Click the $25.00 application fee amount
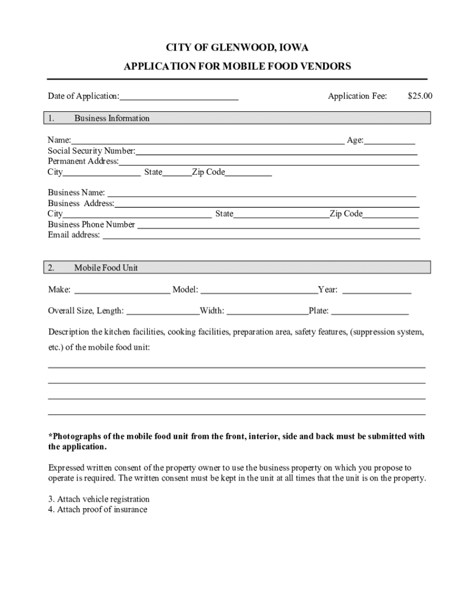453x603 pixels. tap(419, 96)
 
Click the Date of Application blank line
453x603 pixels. tap(179, 98)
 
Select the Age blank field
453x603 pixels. tap(389, 141)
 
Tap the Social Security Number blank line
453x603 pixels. tap(277, 152)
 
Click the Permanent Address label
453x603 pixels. tap(83, 161)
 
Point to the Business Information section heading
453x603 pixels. tap(112, 118)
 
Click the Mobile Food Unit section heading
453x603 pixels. tap(106, 268)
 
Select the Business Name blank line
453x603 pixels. tap(261, 194)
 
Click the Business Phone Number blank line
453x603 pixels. tap(278, 226)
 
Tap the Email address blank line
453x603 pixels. tap(261, 236)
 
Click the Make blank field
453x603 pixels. tap(122, 291)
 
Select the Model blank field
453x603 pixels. tap(259, 291)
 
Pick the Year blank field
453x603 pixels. tap(377, 291)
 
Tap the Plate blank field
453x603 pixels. tap(369, 312)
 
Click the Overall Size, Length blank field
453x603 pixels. tap(163, 312)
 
